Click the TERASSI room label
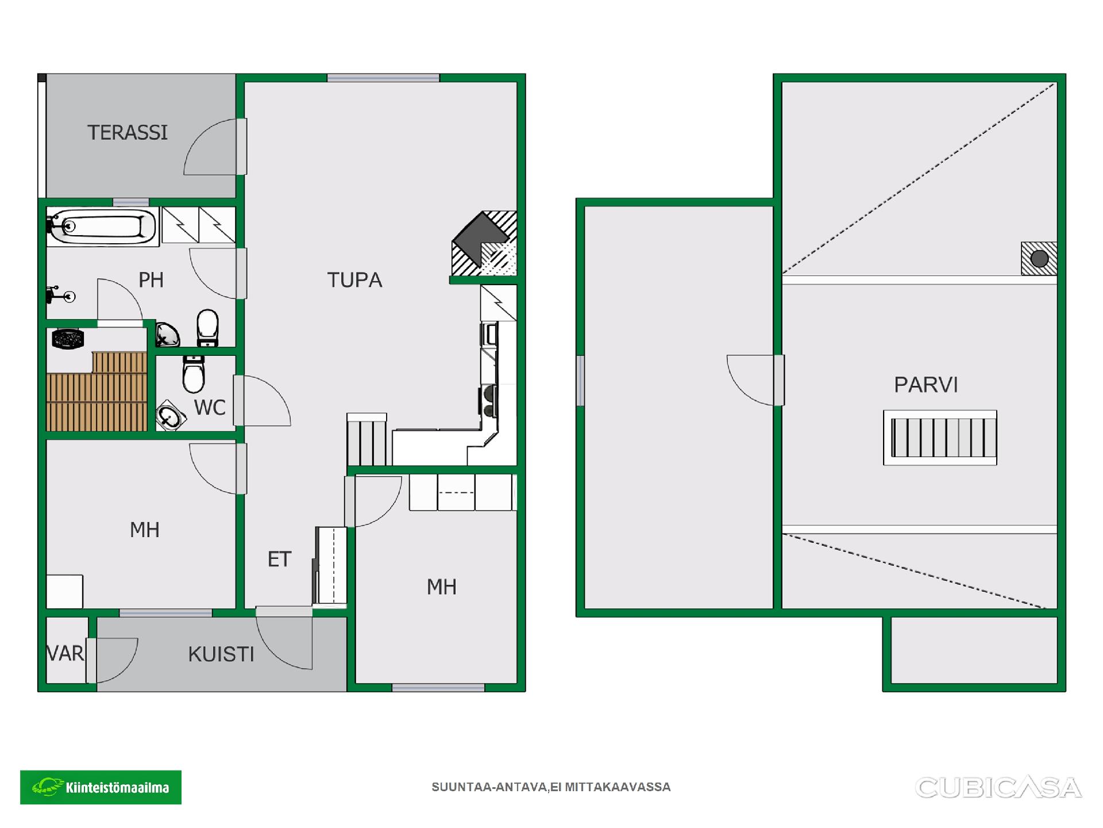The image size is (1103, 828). click(128, 133)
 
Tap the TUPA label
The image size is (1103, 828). click(354, 280)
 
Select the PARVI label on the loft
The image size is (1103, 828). click(926, 385)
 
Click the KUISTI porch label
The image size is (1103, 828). click(221, 654)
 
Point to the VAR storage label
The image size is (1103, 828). click(65, 654)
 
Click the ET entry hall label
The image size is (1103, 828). click(280, 559)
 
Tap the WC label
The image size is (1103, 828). click(210, 408)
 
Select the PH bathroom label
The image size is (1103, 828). click(151, 280)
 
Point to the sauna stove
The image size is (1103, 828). click(68, 338)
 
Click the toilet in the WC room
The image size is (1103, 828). click(194, 374)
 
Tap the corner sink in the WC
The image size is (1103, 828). click(169, 415)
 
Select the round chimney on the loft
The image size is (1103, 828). click(1039, 259)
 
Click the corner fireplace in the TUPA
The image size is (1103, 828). click(484, 243)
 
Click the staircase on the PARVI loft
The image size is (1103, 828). click(940, 438)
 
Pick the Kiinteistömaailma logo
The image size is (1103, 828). click(101, 787)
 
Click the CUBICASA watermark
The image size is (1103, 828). click(998, 788)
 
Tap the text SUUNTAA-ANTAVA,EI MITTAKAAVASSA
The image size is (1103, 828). click(551, 787)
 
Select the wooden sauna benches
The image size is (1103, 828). click(97, 392)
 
